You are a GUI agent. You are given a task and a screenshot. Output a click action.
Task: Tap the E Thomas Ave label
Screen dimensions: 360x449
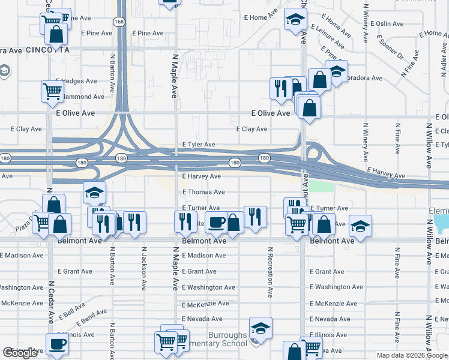coord(203,192)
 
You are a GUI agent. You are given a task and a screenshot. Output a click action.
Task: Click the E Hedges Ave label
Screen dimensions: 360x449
coord(77,81)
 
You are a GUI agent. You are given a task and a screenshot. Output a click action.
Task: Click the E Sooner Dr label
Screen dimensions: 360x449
coord(390,49)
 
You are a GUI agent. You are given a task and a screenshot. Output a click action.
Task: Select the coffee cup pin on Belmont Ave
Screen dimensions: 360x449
coord(216,222)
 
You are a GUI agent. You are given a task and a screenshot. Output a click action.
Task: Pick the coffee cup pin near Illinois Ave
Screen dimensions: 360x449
coord(58,344)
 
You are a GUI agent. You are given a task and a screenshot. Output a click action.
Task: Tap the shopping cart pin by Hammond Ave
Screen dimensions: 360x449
coord(52,92)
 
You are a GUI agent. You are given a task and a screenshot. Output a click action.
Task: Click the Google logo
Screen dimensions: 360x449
coord(20,353)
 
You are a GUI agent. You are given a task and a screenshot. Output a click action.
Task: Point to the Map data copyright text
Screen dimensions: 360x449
coord(412,355)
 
